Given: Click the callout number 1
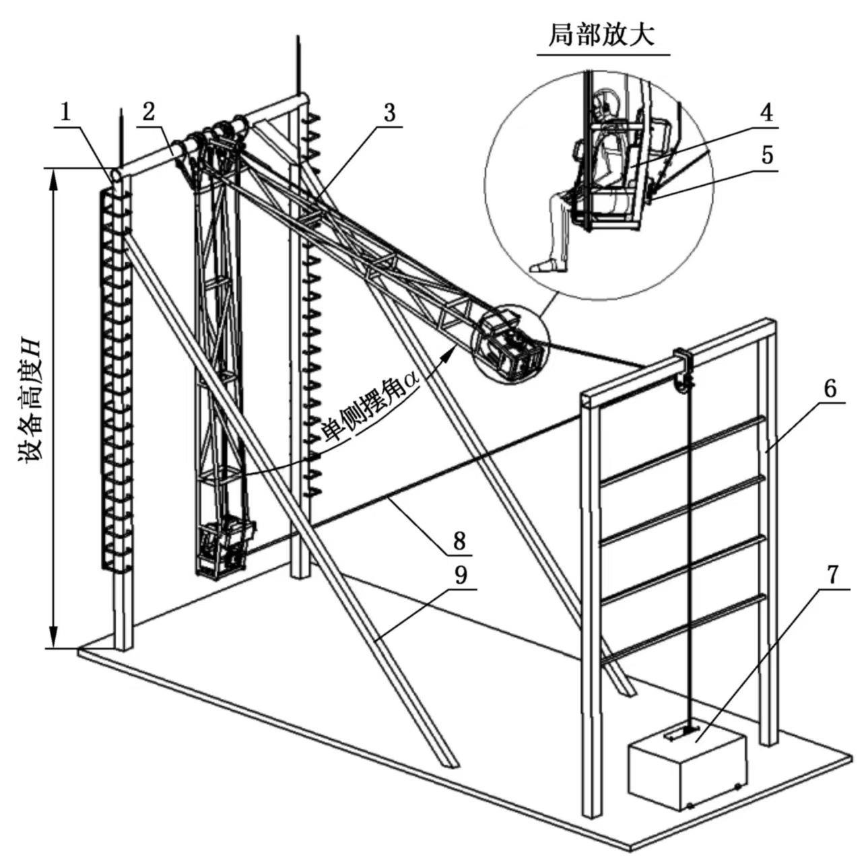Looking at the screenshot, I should coord(65,112).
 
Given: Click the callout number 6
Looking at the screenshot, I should coord(830,388).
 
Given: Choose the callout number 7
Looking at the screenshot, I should coord(832,575).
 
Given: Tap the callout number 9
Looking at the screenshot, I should coord(459,575).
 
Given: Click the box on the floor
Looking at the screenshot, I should coord(687,767).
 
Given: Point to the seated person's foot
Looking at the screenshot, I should coord(547,265).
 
